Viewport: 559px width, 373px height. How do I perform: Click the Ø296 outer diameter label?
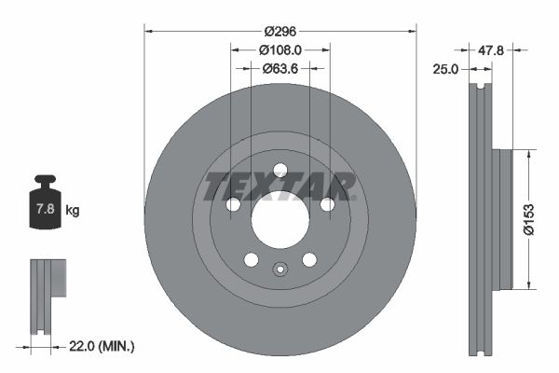point(279,31)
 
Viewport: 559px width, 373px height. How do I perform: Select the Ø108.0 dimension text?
point(279,49)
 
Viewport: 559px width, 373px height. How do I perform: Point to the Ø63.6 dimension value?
point(279,67)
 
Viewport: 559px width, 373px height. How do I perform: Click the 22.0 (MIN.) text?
point(102,346)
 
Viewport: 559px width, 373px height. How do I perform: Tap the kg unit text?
point(73,211)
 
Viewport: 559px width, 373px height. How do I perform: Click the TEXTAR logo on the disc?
point(279,186)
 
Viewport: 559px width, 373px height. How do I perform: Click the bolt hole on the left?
point(233,204)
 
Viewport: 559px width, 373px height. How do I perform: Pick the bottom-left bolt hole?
point(250,260)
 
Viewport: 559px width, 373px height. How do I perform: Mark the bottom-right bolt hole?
point(309,260)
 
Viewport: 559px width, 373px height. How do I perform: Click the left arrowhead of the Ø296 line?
point(148,31)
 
